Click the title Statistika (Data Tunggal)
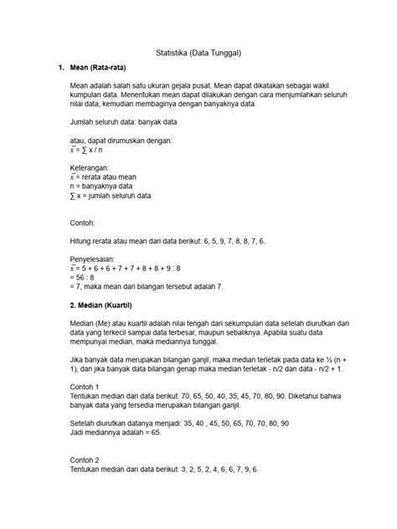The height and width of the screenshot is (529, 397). [198, 53]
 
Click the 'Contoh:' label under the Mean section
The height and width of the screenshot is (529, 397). [84, 223]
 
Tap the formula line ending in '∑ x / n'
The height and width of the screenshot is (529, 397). [100, 150]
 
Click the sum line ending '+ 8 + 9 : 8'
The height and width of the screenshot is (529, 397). [126, 270]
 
